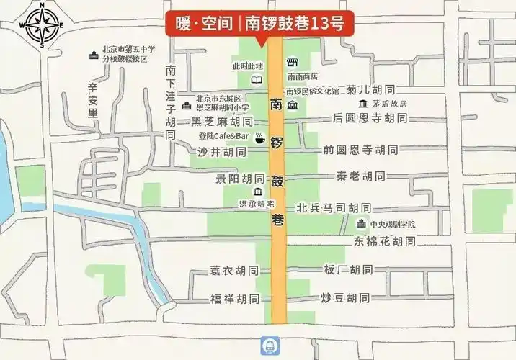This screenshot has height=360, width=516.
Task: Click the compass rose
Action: (41, 25)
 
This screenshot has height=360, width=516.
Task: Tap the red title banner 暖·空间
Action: (255, 24)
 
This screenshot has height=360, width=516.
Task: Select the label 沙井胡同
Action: (221, 152)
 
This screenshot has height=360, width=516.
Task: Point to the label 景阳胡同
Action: (240, 178)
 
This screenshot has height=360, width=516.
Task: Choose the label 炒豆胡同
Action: (345, 297)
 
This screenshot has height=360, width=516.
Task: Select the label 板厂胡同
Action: (348, 269)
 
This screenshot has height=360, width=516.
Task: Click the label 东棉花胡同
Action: (384, 241)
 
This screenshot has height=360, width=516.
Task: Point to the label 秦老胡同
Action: (360, 176)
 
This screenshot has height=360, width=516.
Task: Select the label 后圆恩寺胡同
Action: (370, 117)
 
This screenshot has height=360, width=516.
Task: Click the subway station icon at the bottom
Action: (268, 347)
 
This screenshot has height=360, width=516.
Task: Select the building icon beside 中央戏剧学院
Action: (362, 224)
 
